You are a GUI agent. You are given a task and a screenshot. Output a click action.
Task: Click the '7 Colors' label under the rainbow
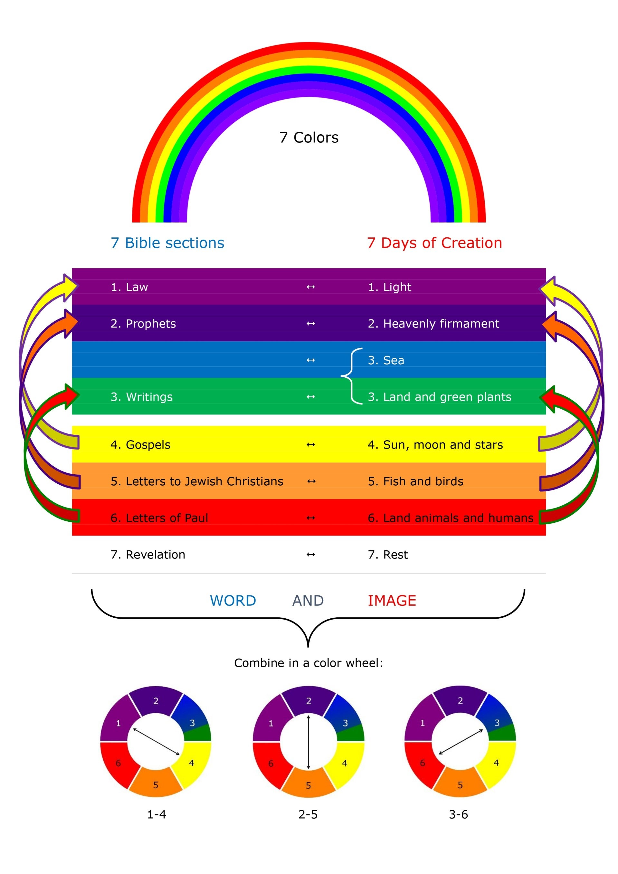(x=309, y=138)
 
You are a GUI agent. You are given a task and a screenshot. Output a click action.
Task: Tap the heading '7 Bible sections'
(x=167, y=243)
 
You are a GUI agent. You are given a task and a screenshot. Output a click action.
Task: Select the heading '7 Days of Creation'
(x=434, y=243)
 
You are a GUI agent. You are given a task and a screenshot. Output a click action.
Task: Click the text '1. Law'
(x=129, y=287)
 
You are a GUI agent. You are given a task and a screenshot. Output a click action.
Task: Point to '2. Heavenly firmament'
(x=433, y=324)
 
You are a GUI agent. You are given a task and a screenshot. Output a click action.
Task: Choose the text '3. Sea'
(x=386, y=360)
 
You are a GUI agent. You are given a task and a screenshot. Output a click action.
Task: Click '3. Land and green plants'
(x=439, y=397)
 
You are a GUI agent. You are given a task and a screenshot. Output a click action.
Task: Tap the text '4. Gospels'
(x=140, y=445)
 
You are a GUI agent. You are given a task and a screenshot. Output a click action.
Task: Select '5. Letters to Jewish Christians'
(x=197, y=481)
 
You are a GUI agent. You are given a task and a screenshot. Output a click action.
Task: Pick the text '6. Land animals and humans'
(x=451, y=518)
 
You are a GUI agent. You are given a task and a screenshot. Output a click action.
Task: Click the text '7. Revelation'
(x=148, y=555)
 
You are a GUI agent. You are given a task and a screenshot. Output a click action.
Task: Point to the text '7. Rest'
(x=388, y=555)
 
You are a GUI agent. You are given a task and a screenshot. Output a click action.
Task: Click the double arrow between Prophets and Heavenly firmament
(x=311, y=324)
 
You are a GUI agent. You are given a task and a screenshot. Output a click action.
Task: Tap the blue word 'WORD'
(x=233, y=601)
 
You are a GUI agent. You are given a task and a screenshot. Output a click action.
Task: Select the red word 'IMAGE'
(x=392, y=601)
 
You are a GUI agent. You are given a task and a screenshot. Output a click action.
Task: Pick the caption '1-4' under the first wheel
(x=157, y=815)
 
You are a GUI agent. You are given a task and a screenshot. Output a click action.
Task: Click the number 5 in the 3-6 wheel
(x=460, y=785)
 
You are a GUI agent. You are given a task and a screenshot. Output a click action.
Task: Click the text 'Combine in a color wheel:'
(x=309, y=663)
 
